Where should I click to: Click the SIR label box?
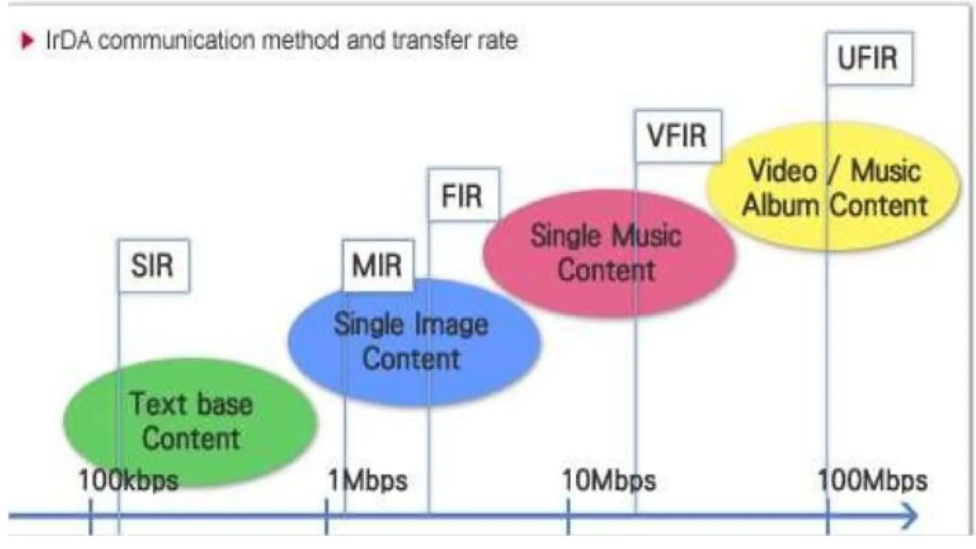tap(153, 265)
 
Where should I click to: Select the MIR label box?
tap(377, 265)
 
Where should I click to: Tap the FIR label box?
tap(463, 195)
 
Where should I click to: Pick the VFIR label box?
tap(678, 136)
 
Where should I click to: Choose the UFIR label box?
tap(869, 58)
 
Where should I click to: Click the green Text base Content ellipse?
tap(191, 422)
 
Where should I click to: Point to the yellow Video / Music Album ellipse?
tap(833, 187)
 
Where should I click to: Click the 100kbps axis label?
tap(129, 480)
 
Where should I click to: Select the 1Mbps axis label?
tap(368, 480)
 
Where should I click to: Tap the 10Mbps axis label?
tap(609, 480)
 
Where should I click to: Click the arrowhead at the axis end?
tap(910, 515)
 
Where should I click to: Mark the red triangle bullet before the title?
tap(28, 41)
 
